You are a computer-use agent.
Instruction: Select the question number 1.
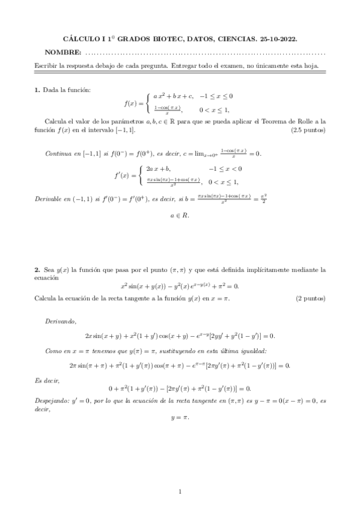point(37,90)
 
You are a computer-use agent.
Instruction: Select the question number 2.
point(37,271)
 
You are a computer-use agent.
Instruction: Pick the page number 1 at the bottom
point(180,493)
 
